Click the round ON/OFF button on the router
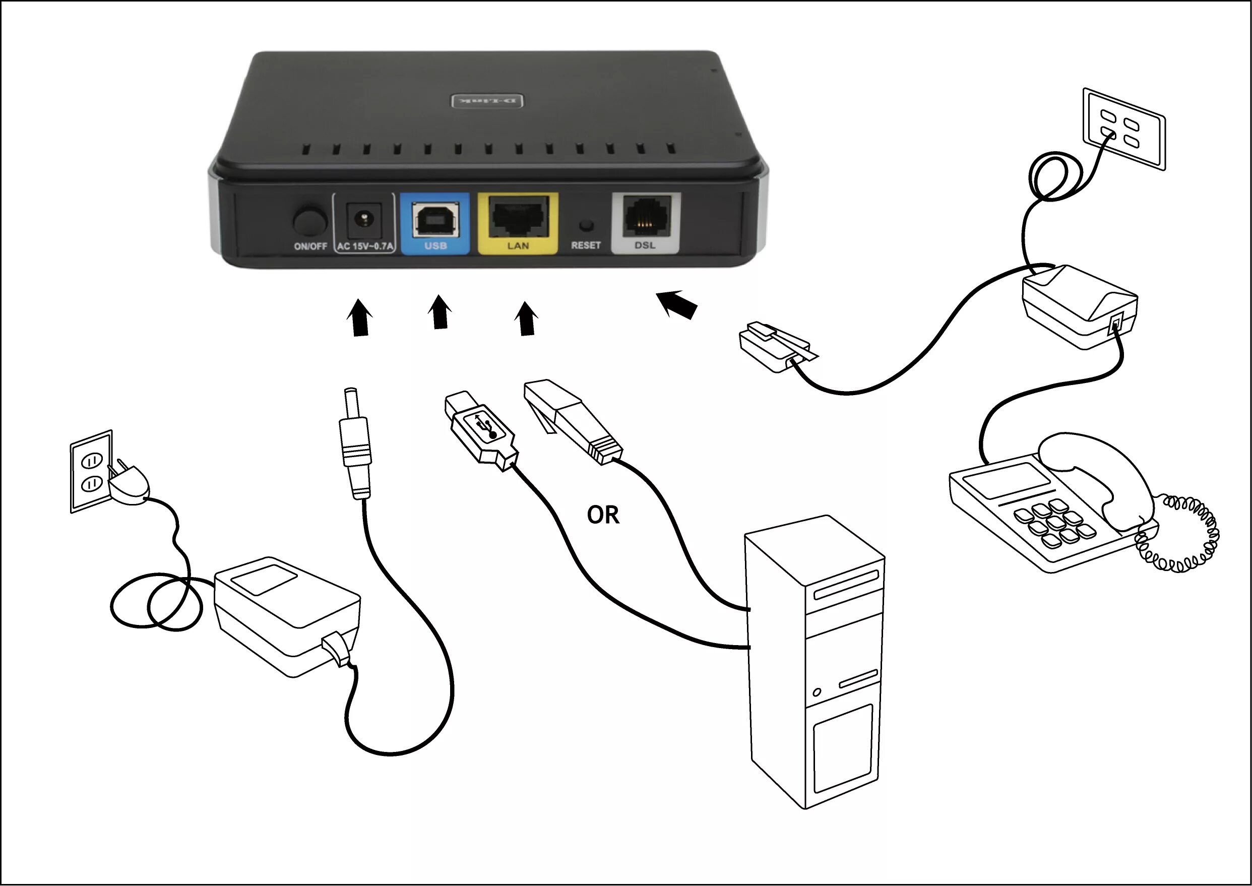click(309, 221)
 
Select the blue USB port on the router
click(435, 219)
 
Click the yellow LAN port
click(518, 218)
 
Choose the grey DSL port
click(646, 217)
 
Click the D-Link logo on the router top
click(486, 101)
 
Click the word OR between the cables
click(603, 515)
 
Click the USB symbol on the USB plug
click(485, 426)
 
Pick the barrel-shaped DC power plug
click(355, 445)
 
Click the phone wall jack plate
click(1124, 130)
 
